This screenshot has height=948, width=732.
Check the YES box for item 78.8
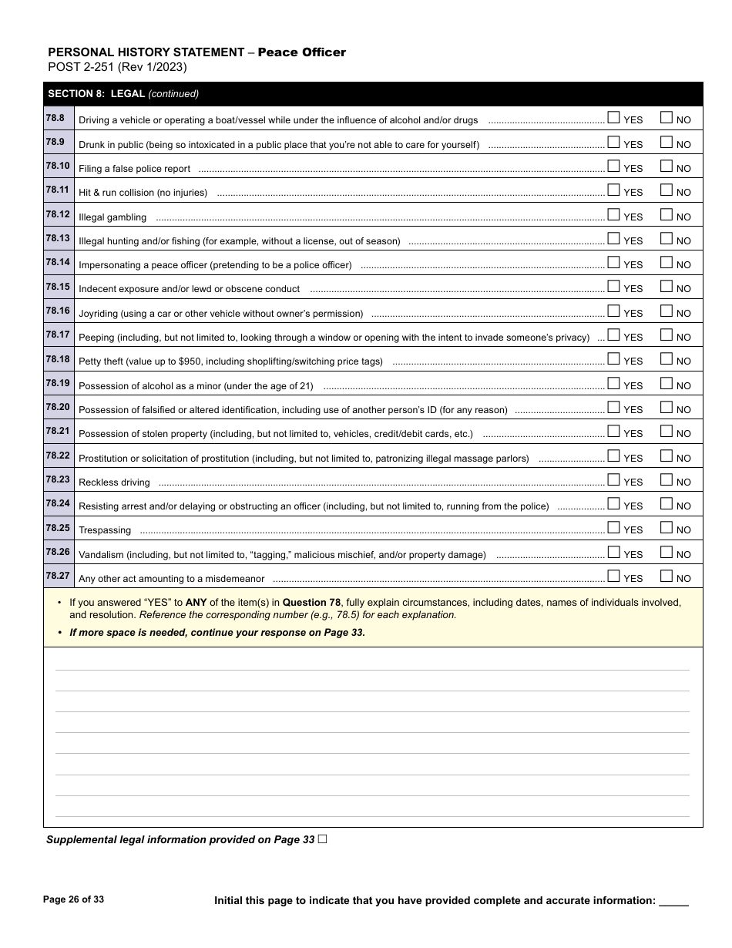(x=613, y=118)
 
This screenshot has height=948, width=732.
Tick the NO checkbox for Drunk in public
(x=667, y=143)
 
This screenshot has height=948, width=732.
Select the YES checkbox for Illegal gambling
(x=613, y=215)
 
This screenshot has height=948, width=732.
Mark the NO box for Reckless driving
(x=667, y=480)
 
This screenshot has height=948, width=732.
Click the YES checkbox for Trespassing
(x=613, y=528)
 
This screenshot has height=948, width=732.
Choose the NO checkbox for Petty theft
(x=667, y=359)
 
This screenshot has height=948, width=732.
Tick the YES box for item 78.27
(x=613, y=577)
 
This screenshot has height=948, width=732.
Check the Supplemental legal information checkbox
(x=322, y=839)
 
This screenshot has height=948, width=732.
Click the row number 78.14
(x=58, y=263)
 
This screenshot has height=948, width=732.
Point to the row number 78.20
(x=58, y=407)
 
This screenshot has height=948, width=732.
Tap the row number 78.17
(x=58, y=335)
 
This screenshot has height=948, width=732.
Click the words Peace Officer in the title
(x=301, y=52)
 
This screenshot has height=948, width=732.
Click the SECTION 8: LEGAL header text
(x=96, y=94)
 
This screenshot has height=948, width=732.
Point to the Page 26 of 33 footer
(x=73, y=899)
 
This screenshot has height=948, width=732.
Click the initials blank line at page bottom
(x=674, y=902)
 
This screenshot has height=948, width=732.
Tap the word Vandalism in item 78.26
(x=102, y=555)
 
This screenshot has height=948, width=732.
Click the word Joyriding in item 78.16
(x=100, y=314)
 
